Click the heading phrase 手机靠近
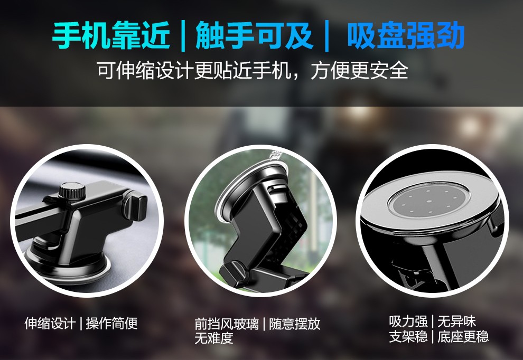coord(111,35)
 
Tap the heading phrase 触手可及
coord(254,35)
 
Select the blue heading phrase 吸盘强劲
coord(406,35)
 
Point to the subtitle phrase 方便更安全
coord(360,70)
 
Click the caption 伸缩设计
coord(50,324)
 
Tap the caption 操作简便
coord(112,324)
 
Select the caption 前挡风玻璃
coord(227,324)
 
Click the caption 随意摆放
coord(295,324)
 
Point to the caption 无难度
coord(214,338)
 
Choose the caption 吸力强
coord(408,321)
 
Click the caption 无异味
coord(456,321)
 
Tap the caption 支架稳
coord(408,337)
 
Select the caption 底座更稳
coord(463,337)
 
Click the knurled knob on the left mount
coord(72,191)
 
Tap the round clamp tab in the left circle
coord(136,207)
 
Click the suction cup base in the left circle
coord(67,263)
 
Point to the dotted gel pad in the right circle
coord(429,201)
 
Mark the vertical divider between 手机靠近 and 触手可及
coord(183,36)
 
